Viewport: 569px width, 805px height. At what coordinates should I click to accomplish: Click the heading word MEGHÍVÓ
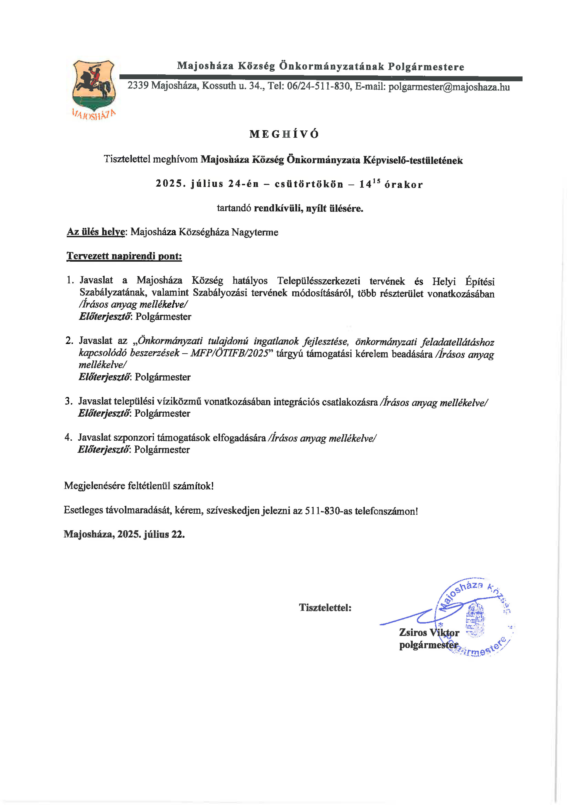pos(284,134)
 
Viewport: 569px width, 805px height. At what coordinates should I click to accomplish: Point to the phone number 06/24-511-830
pos(318,86)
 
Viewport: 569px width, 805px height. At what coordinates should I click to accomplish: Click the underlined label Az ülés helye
pos(96,232)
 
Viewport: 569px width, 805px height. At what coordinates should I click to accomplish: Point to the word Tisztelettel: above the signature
pos(325,607)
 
